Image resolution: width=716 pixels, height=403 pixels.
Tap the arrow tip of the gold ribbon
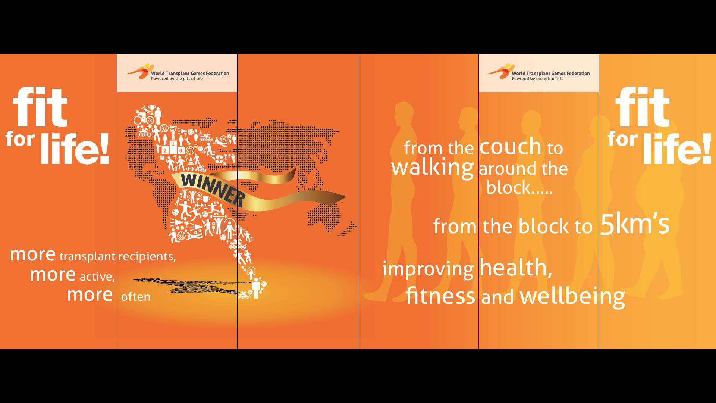(345, 197)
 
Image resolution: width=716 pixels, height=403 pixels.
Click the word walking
(433, 167)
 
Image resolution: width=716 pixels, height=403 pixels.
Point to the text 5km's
(635, 224)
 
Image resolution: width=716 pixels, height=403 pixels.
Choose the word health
(516, 268)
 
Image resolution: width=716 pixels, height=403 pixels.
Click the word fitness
(440, 296)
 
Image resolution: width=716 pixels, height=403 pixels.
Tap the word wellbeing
(572, 297)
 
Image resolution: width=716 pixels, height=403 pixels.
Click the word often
(136, 297)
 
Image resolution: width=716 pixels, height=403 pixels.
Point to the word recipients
(147, 257)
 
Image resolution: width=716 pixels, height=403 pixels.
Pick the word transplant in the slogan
(87, 256)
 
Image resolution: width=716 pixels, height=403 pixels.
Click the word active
(97, 277)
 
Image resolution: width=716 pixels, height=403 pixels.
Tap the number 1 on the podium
(173, 144)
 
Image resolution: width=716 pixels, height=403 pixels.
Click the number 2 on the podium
(165, 151)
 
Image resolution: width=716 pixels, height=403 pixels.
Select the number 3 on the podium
(181, 150)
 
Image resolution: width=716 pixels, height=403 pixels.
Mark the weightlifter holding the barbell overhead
(219, 224)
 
